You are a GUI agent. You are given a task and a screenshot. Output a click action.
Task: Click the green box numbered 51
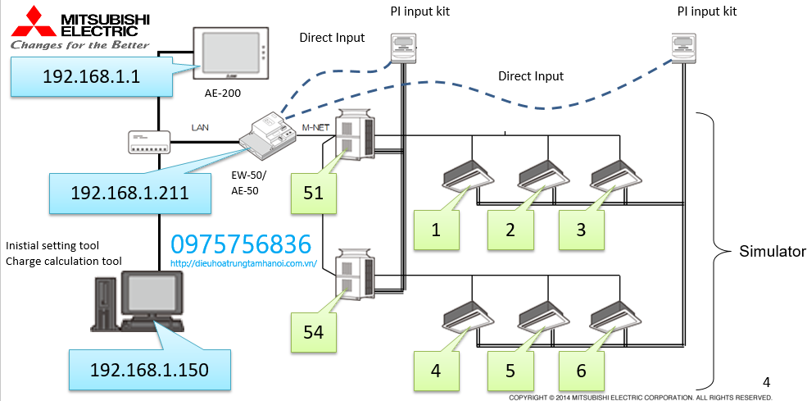point(313,194)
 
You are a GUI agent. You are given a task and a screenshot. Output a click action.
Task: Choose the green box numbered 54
point(313,332)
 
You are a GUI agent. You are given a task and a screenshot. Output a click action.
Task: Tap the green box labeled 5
point(510,370)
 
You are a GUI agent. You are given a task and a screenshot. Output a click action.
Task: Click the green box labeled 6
point(581,370)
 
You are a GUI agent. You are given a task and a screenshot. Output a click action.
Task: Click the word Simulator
point(772,251)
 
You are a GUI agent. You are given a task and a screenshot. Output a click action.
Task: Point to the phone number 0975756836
point(241,244)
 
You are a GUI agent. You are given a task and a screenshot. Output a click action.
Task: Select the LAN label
point(200,128)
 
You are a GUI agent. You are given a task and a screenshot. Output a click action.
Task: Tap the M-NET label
point(315,127)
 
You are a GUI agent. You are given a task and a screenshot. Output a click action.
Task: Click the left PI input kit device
point(402,48)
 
